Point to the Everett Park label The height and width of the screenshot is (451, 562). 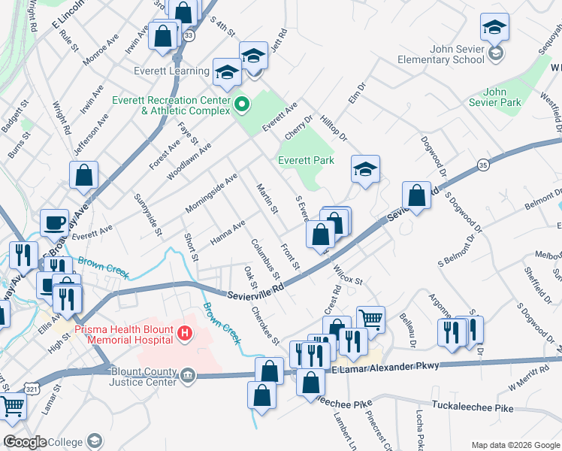[306, 160]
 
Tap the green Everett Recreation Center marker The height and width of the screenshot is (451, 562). [242, 104]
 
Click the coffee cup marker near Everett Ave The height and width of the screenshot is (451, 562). [54, 222]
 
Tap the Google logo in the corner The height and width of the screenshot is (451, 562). [25, 442]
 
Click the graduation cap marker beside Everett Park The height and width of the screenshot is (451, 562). [365, 170]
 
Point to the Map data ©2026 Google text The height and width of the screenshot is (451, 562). [515, 444]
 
